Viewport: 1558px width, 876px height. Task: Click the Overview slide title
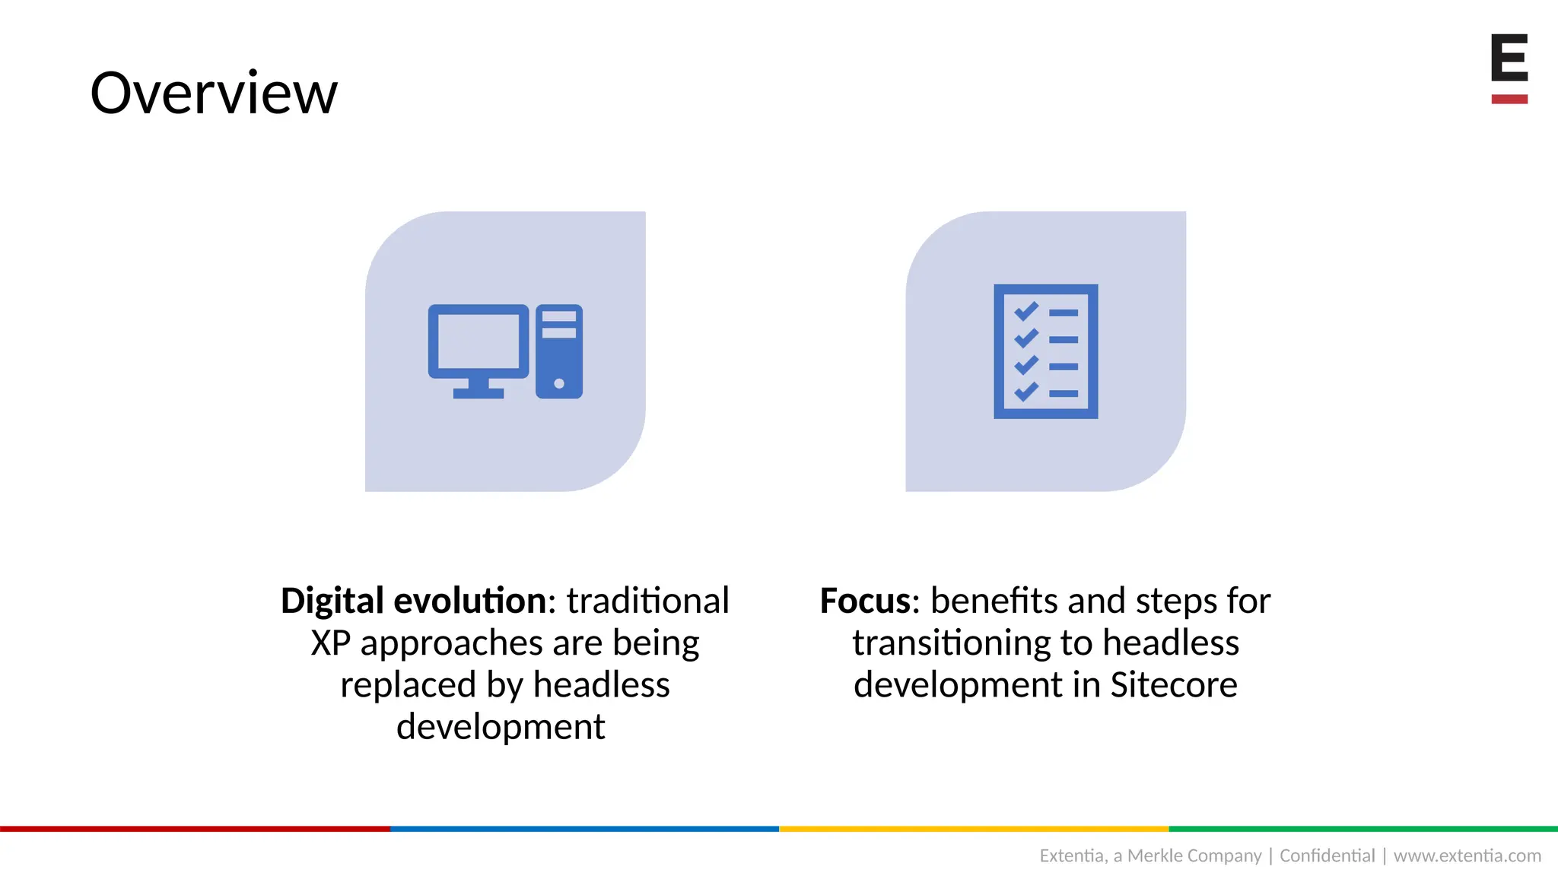coord(214,93)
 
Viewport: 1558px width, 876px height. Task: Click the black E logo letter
coord(1509,57)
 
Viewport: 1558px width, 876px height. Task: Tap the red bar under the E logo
coord(1509,99)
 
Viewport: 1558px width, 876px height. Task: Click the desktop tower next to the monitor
coord(559,351)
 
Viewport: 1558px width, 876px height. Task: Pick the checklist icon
coord(1045,351)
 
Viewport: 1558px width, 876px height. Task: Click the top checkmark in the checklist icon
coord(1026,311)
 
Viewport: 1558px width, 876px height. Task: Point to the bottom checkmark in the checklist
coord(1026,392)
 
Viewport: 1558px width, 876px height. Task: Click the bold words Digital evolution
coord(413,601)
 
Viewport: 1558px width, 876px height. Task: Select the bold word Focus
coord(865,601)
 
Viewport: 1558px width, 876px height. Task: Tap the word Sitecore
coord(1173,684)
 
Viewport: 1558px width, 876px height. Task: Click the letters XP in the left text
coord(330,643)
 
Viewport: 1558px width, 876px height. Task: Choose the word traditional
coord(647,601)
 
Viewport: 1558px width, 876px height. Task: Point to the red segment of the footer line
coord(195,829)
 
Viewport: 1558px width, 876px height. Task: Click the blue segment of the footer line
coord(584,829)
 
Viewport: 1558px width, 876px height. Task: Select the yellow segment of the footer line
coord(974,829)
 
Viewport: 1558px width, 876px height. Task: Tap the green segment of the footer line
coord(1363,829)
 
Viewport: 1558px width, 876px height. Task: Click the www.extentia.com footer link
coord(1467,855)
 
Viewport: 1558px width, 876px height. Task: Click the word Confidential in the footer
coord(1327,855)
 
